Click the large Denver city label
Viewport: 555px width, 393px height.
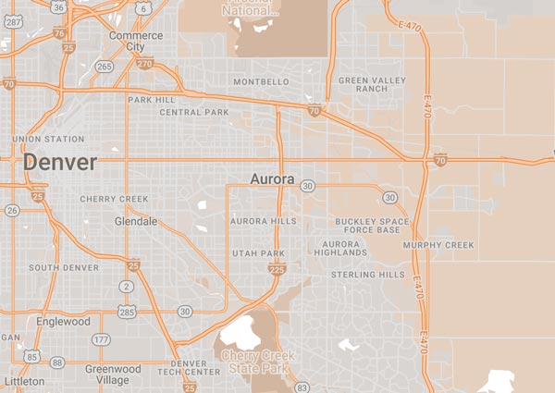point(59,164)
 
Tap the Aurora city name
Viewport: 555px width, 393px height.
point(272,178)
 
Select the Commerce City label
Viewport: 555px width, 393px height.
point(136,42)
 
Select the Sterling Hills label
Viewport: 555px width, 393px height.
point(369,275)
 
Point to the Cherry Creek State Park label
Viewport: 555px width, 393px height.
point(256,362)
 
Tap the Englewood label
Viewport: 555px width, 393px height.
point(64,322)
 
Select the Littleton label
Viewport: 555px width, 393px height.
point(23,381)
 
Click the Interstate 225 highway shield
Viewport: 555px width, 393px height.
point(276,268)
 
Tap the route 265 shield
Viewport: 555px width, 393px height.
point(104,67)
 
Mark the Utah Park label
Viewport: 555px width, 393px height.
point(258,252)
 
